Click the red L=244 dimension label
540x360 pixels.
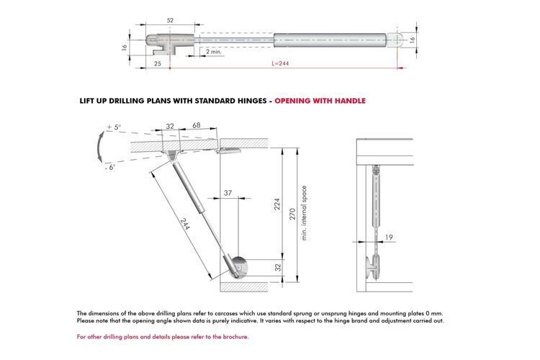point(280,63)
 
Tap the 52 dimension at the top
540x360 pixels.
point(170,20)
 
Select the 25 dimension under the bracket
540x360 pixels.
point(158,63)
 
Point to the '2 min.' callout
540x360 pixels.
point(214,52)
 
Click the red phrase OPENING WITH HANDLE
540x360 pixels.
point(320,101)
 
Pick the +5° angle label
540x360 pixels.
point(114,127)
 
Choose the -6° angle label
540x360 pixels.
point(110,167)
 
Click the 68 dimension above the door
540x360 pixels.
point(197,125)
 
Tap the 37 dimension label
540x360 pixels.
point(228,193)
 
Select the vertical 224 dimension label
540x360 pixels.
point(277,204)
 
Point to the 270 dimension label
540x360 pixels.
point(292,214)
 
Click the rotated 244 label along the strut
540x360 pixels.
point(185,224)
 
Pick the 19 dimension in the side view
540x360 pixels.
point(389,237)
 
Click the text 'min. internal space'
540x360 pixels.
point(304,213)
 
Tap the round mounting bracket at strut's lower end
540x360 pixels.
point(239,266)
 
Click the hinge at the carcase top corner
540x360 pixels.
point(228,150)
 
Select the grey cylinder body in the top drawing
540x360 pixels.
point(330,40)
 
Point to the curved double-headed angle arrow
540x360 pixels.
point(99,146)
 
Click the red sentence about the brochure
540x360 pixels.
point(163,336)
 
